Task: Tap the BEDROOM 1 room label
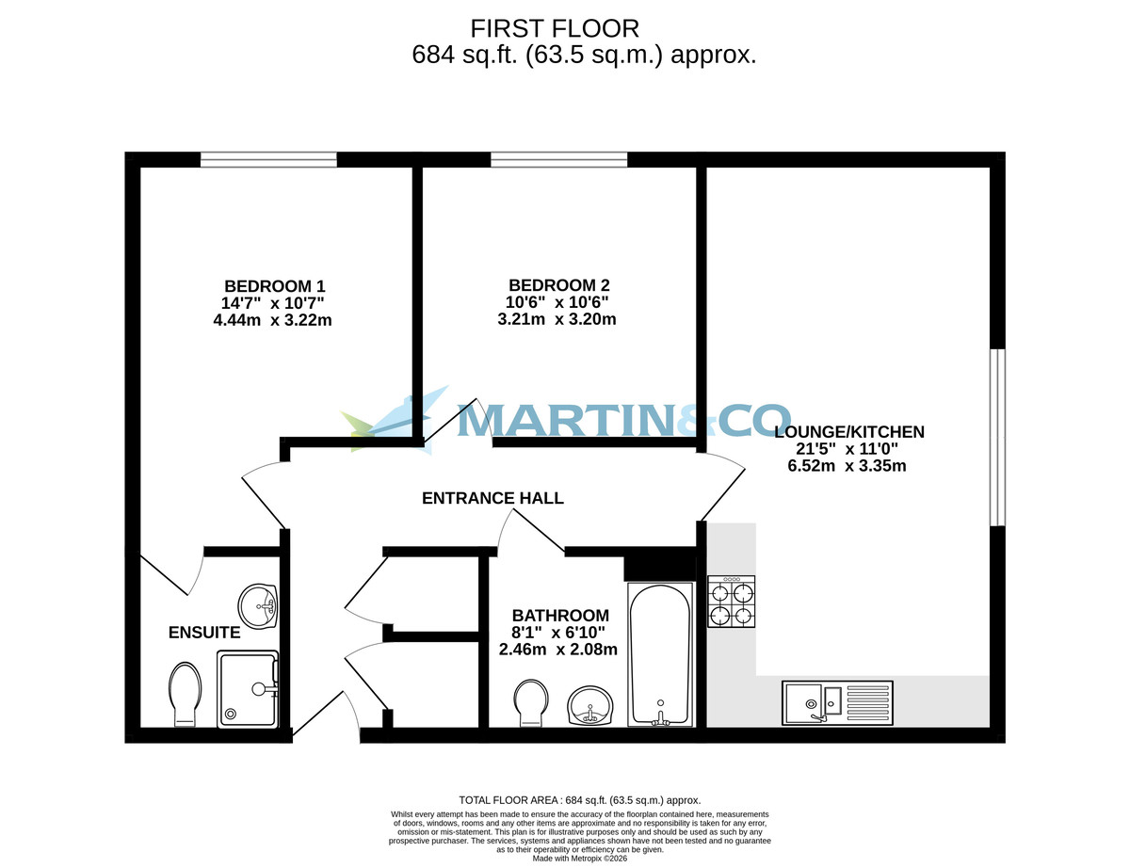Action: point(274,286)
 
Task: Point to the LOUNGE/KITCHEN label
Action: point(848,432)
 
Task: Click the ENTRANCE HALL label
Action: point(492,498)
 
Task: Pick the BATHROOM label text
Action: point(560,616)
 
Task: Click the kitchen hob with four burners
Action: point(732,603)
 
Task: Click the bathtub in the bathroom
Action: point(661,655)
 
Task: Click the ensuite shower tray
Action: point(249,689)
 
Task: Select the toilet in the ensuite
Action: point(185,694)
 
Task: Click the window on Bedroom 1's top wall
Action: point(268,160)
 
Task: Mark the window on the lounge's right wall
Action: point(997,438)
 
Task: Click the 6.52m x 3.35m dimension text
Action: point(847,466)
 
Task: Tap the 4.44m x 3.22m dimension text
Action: point(273,320)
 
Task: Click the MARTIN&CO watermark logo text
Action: point(621,420)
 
